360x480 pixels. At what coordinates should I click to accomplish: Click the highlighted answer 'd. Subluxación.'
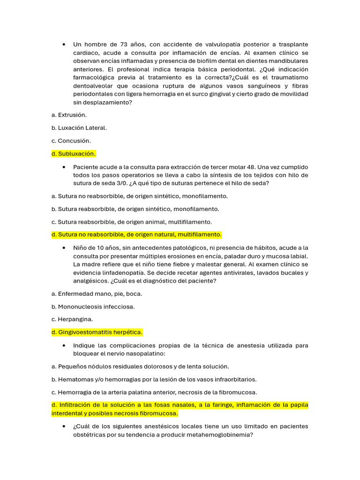point(74,154)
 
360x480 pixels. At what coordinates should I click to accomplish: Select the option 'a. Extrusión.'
point(69,114)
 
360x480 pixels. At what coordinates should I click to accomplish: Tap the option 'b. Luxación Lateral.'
point(79,127)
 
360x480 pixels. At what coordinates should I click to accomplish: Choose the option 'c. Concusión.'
point(71,141)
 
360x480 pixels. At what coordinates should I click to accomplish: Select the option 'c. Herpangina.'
point(72,319)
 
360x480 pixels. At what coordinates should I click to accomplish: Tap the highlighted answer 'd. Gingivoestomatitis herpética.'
point(97,332)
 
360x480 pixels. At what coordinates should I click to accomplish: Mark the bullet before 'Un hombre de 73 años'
point(63,45)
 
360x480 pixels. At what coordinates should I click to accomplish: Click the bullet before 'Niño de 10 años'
point(63,248)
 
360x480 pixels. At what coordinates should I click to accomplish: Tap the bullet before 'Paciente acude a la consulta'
point(63,167)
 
